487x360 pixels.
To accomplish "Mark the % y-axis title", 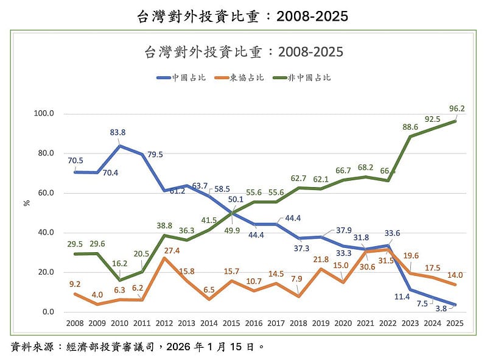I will [26, 203].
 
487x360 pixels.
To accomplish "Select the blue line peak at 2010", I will [119, 146].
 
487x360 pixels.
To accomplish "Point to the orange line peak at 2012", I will [164, 258].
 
